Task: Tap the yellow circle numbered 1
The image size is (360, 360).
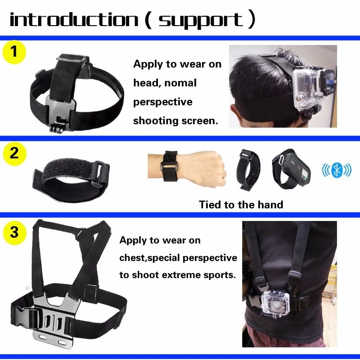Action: [14, 52]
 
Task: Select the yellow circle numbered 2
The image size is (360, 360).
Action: [14, 153]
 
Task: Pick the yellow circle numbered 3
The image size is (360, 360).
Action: [14, 233]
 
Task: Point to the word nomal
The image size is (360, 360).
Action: [178, 83]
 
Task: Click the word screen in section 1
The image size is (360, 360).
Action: [198, 121]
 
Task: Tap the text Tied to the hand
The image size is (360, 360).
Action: [241, 205]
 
